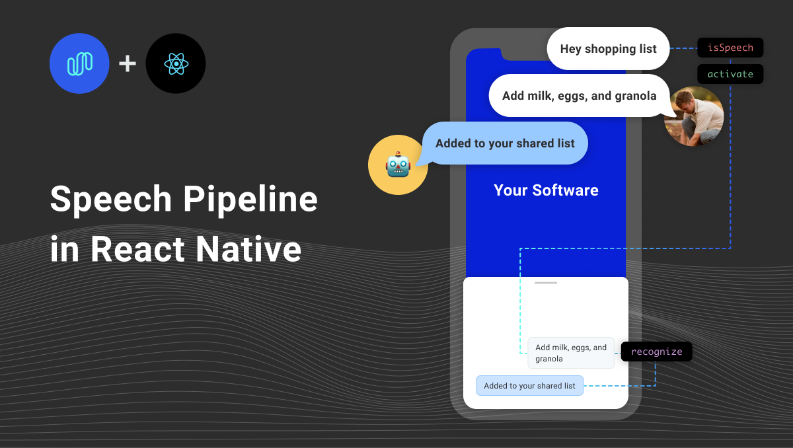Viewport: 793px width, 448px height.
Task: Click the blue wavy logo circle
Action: click(x=79, y=63)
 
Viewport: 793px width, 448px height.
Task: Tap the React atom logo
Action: click(x=176, y=63)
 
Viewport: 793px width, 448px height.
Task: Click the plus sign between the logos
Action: click(x=128, y=63)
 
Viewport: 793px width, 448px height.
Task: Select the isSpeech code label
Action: click(x=730, y=48)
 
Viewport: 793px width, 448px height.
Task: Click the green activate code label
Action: click(x=730, y=74)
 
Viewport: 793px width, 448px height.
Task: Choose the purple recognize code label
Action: click(x=656, y=352)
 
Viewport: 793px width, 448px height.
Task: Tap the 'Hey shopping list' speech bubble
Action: click(x=608, y=48)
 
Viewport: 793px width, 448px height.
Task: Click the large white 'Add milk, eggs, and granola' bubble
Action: click(x=579, y=96)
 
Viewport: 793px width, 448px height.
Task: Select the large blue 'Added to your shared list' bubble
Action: click(x=504, y=143)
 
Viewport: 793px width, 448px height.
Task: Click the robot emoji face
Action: click(x=398, y=165)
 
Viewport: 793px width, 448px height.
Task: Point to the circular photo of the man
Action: click(x=694, y=116)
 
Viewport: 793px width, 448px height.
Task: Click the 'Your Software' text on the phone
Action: click(x=546, y=190)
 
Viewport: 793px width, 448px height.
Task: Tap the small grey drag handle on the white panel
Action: click(x=546, y=283)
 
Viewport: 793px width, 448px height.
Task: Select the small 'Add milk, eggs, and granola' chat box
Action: click(x=571, y=353)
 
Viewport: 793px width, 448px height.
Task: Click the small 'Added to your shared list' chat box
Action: click(x=529, y=385)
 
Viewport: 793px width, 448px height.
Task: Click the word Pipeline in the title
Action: click(x=250, y=200)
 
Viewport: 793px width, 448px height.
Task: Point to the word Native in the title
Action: click(x=248, y=249)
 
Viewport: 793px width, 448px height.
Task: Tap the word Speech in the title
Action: click(x=111, y=200)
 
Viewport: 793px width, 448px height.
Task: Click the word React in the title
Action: click(x=137, y=249)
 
